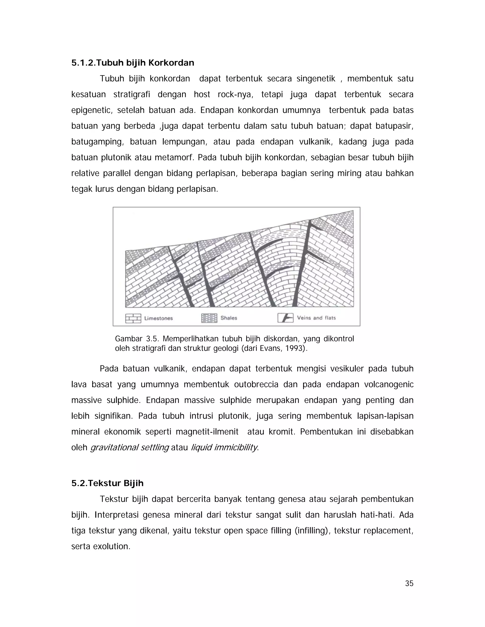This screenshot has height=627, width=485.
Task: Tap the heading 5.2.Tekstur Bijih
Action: point(107,483)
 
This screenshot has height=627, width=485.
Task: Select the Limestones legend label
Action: point(158,318)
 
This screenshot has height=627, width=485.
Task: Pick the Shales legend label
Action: point(229,318)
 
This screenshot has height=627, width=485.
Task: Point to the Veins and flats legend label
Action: point(316,318)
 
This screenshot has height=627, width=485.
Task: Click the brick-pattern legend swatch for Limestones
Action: point(133,318)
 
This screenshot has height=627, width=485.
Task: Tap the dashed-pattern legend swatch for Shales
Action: point(209,318)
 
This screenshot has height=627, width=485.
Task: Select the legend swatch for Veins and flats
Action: point(285,318)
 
